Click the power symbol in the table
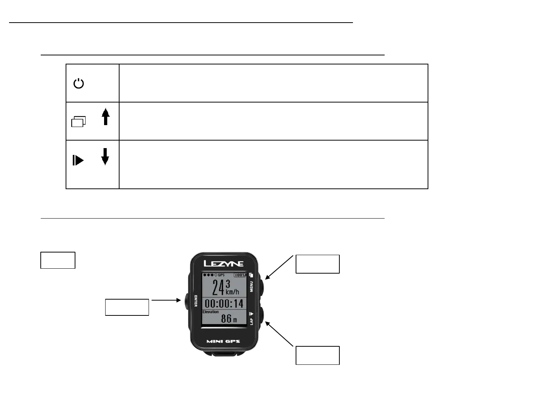click(x=78, y=83)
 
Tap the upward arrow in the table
click(x=106, y=116)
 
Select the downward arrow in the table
click(x=105, y=156)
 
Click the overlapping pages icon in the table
click(x=78, y=121)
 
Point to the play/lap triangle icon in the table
click(x=78, y=161)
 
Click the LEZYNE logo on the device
click(x=224, y=263)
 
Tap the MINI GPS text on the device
click(x=223, y=341)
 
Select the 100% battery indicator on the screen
click(x=240, y=275)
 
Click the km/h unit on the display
click(x=232, y=292)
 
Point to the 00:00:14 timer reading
click(x=224, y=303)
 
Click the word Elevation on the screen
click(x=210, y=312)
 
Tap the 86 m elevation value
click(x=229, y=319)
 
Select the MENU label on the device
click(x=252, y=287)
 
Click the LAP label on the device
click(x=252, y=321)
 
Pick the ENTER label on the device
click(x=195, y=301)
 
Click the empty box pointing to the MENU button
click(x=318, y=264)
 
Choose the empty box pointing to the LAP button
click(x=318, y=355)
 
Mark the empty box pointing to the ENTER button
click(x=127, y=307)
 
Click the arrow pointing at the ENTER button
click(x=166, y=300)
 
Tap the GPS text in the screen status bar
click(x=221, y=275)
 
